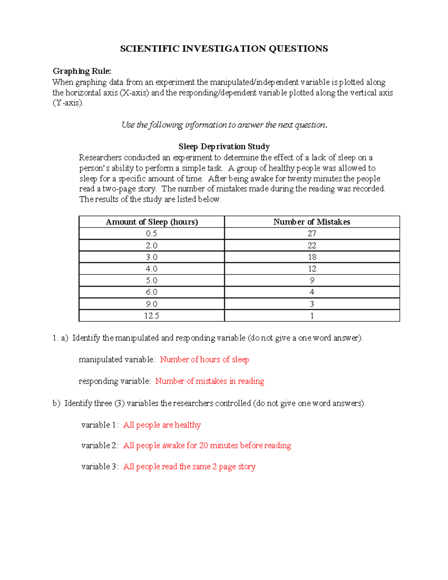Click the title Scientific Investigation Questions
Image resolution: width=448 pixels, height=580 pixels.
224,49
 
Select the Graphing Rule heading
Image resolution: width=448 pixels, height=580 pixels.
82,71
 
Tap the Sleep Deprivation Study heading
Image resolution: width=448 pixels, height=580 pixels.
224,146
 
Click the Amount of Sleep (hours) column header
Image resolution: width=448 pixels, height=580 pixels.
152,222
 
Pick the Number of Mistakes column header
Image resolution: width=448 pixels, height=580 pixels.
312,222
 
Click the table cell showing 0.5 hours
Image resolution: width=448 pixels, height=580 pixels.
152,234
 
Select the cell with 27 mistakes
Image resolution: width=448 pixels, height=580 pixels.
312,234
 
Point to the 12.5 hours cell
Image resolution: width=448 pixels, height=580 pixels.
152,316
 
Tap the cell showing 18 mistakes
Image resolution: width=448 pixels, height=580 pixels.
312,257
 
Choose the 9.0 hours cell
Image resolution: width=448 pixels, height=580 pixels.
152,304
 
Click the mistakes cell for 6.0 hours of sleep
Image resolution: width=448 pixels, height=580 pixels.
312,292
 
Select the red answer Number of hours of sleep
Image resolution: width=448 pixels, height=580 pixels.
204,360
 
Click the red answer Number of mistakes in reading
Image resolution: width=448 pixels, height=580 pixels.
209,381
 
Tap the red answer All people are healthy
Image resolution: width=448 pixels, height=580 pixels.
162,425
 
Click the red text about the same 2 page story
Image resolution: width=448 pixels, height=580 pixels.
189,467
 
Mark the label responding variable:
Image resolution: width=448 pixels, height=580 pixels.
115,381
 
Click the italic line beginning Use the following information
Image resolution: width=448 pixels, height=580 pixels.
224,125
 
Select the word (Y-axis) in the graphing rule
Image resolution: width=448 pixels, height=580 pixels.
68,103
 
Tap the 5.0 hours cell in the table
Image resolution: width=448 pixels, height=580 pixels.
152,280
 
